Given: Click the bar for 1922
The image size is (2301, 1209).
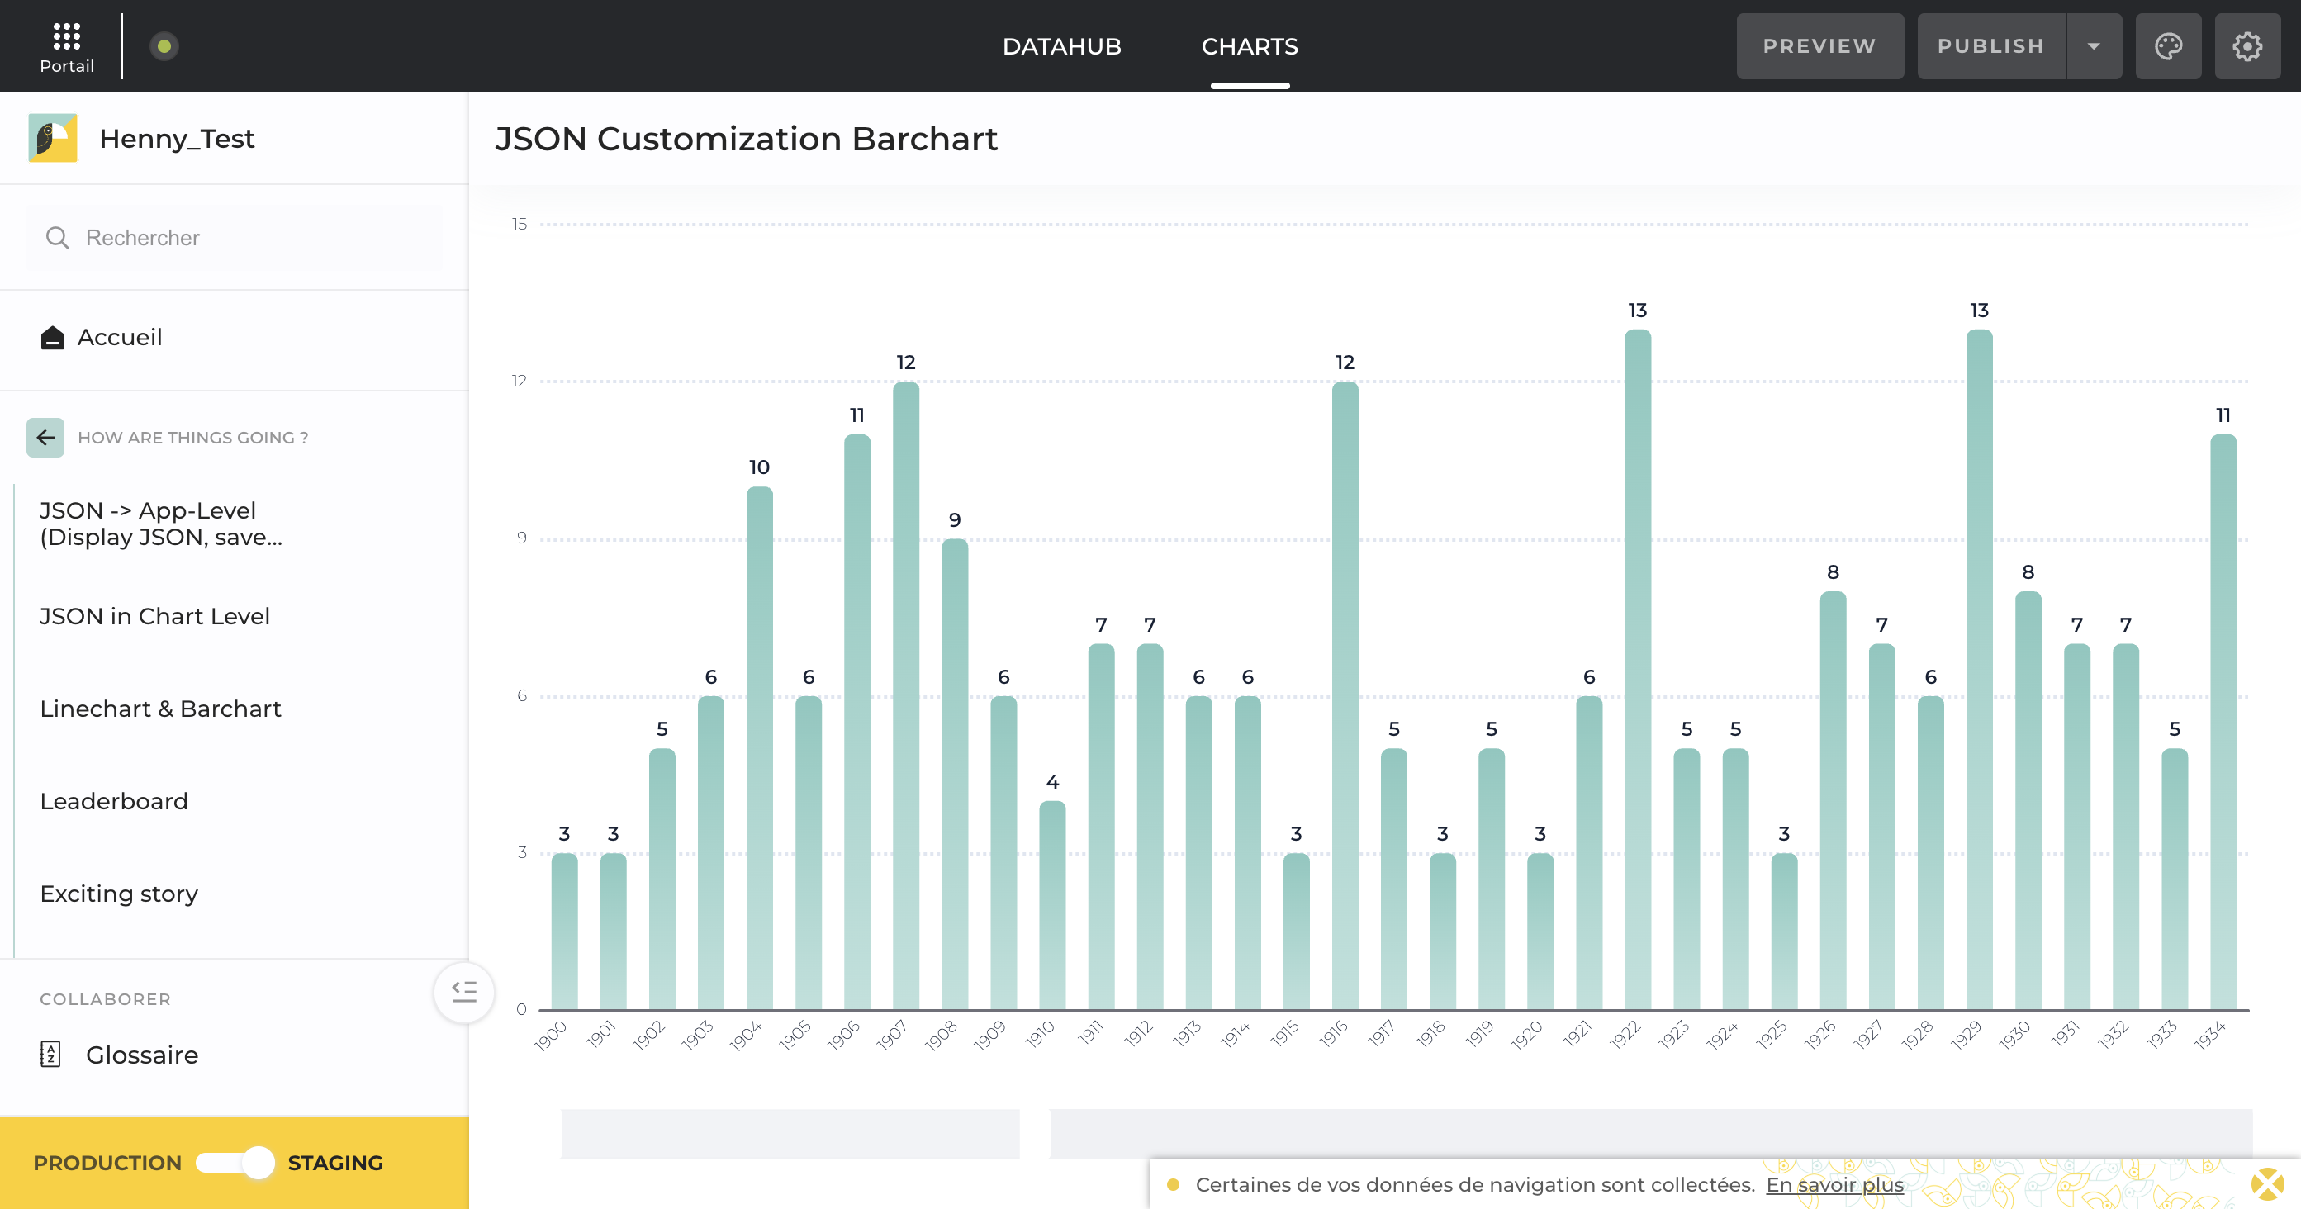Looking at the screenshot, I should (x=1637, y=670).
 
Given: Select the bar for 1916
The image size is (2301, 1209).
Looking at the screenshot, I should (x=1345, y=696).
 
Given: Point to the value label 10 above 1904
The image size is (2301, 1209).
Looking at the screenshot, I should (x=759, y=467).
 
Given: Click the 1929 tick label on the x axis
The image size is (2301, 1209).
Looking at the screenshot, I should (x=1967, y=1035).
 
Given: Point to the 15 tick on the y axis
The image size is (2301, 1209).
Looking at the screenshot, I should (x=519, y=224).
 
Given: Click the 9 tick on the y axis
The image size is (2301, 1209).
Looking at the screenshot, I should (x=522, y=538).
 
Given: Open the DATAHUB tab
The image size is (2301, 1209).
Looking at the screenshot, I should (x=1061, y=46).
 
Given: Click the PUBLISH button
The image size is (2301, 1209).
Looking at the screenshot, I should (x=1990, y=46).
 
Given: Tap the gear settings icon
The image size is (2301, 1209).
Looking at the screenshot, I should (x=2246, y=46).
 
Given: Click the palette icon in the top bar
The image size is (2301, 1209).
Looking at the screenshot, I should (x=2168, y=46).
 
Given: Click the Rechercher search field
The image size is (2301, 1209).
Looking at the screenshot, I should (x=234, y=238).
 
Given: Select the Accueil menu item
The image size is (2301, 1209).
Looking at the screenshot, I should (x=119, y=338).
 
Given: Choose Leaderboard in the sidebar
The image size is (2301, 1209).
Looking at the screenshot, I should (x=114, y=801).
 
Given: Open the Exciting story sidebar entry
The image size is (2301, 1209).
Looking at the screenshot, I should (x=119, y=894).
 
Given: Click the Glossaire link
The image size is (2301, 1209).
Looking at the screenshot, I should (x=141, y=1055).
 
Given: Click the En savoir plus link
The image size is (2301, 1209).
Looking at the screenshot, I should (x=1834, y=1185).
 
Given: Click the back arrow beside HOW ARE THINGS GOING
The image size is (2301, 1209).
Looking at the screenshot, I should (x=45, y=438).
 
